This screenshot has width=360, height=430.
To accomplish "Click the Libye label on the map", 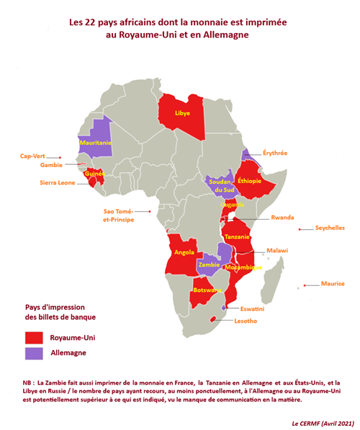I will [183, 114].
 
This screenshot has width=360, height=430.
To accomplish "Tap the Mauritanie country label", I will [95, 143].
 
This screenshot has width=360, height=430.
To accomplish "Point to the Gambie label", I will [51, 165].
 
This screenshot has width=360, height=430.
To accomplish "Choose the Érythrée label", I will [274, 153].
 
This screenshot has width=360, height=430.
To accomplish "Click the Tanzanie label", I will [238, 237].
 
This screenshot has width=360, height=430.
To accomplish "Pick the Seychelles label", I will [330, 228].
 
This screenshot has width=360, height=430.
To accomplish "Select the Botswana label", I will [207, 290].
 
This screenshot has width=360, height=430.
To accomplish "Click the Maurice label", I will [333, 284].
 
